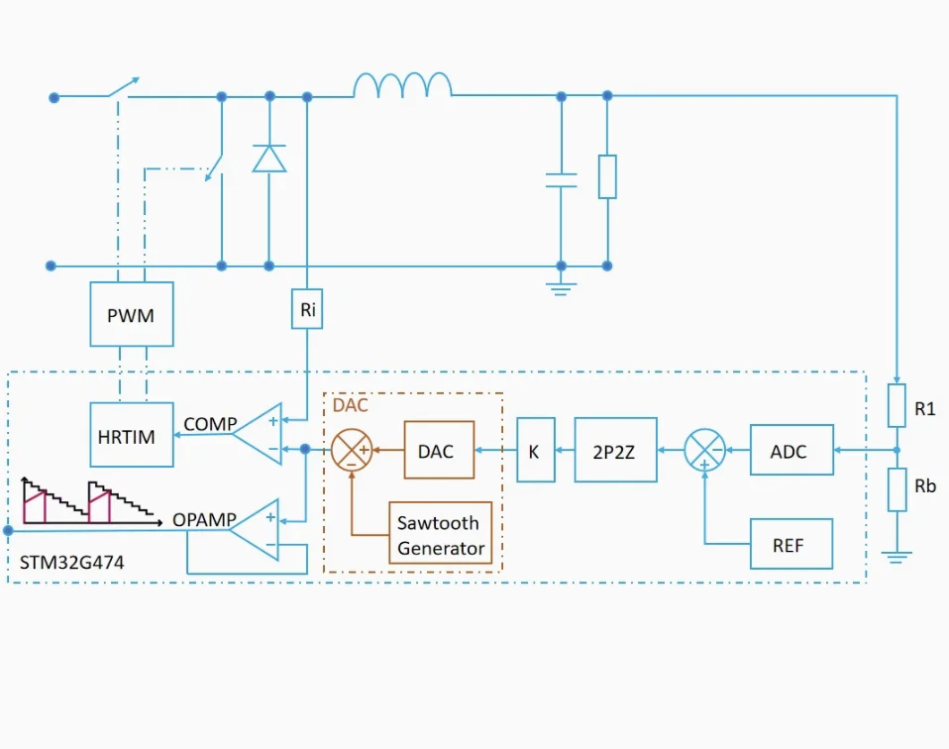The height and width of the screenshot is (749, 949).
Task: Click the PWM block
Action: (x=131, y=314)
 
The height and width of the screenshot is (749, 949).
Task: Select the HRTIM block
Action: (x=131, y=436)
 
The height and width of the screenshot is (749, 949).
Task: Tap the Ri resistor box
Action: (x=307, y=309)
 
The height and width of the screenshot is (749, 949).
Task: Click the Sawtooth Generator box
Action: (x=441, y=535)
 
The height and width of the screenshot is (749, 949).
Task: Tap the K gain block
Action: (x=535, y=451)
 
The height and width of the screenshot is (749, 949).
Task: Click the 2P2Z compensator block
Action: (x=615, y=451)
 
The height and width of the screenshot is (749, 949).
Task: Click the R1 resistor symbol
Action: (x=896, y=405)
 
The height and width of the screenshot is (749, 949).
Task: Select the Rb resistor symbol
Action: (x=896, y=489)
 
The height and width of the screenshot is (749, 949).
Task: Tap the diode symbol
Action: (x=268, y=159)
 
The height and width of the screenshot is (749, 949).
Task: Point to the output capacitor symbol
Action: (x=561, y=180)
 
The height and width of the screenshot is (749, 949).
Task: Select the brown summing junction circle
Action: (x=352, y=451)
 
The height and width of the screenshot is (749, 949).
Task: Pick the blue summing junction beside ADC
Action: (x=704, y=451)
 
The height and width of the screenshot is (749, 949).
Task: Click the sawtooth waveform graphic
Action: (x=89, y=501)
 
